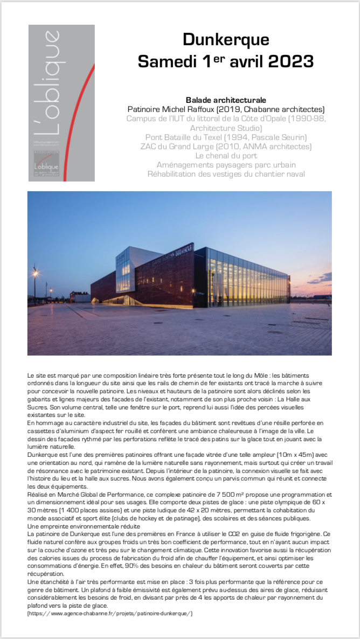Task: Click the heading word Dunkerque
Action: coord(226,40)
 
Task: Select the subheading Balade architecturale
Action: coord(226,100)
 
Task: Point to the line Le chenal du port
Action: coord(226,155)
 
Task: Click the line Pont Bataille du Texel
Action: coord(226,137)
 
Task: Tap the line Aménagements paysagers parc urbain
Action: coord(226,164)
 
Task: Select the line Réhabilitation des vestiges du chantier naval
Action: coord(226,173)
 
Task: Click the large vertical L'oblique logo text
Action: coord(52,87)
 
